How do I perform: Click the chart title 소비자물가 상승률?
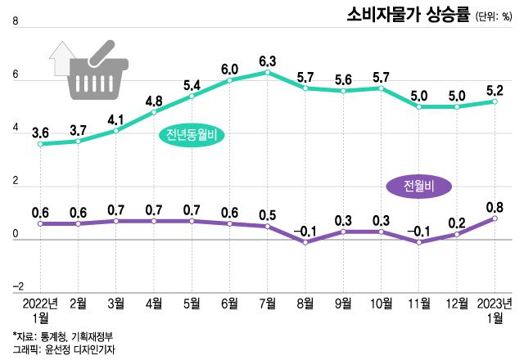408,15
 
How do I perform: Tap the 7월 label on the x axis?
267,304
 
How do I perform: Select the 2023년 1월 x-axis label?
495,310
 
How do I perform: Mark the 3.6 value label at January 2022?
40,131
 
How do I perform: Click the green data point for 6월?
229,80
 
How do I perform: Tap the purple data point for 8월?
305,242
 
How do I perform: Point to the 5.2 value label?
495,89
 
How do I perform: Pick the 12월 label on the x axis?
456,304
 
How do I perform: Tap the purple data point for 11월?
418,242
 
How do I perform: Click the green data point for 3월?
116,131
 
